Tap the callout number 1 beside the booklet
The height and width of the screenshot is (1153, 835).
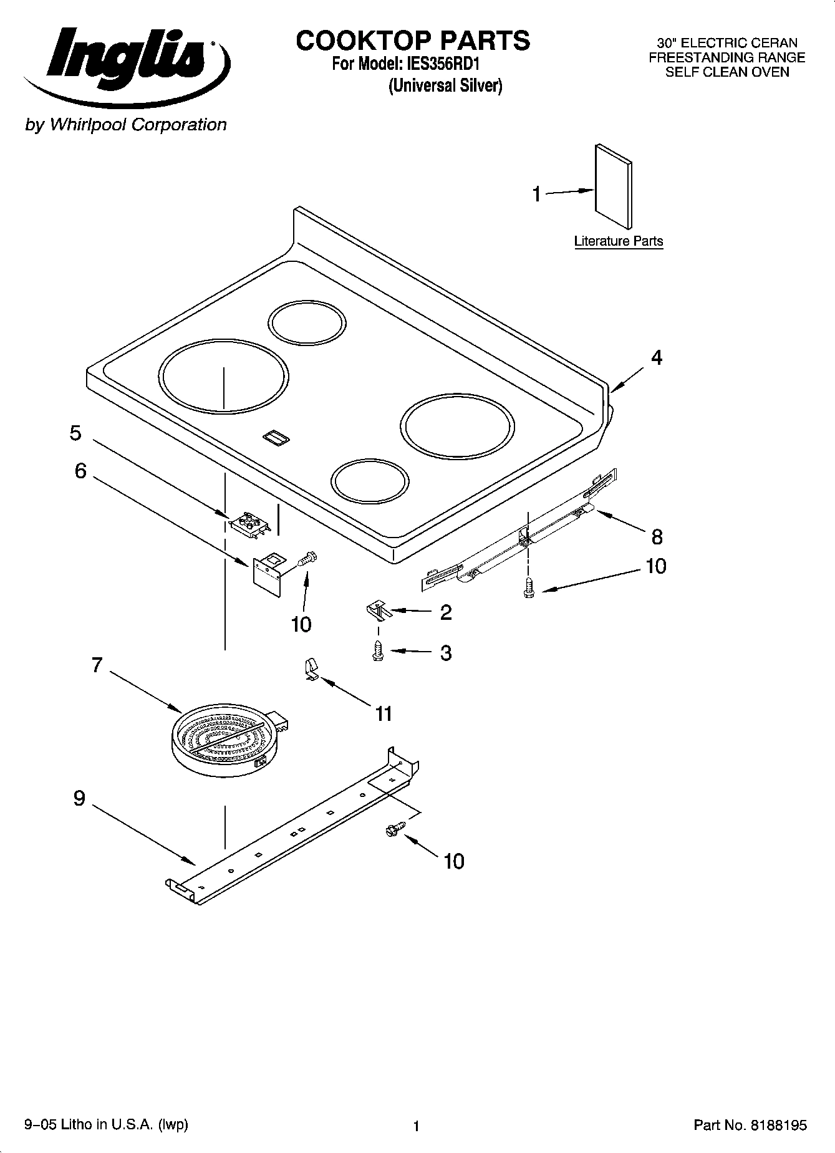[x=536, y=194]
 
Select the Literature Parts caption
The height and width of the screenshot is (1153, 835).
[x=618, y=241]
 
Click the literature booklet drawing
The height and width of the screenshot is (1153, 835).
[x=613, y=188]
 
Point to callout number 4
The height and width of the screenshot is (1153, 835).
[x=657, y=358]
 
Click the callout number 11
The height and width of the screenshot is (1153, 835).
[x=384, y=713]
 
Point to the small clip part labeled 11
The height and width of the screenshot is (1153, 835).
[x=310, y=670]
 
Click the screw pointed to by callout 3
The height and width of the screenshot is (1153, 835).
[x=377, y=651]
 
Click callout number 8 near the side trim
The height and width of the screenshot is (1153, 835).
[x=657, y=536]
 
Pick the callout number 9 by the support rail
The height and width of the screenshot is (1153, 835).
[x=79, y=798]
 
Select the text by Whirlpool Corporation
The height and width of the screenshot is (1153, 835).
[x=125, y=125]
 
